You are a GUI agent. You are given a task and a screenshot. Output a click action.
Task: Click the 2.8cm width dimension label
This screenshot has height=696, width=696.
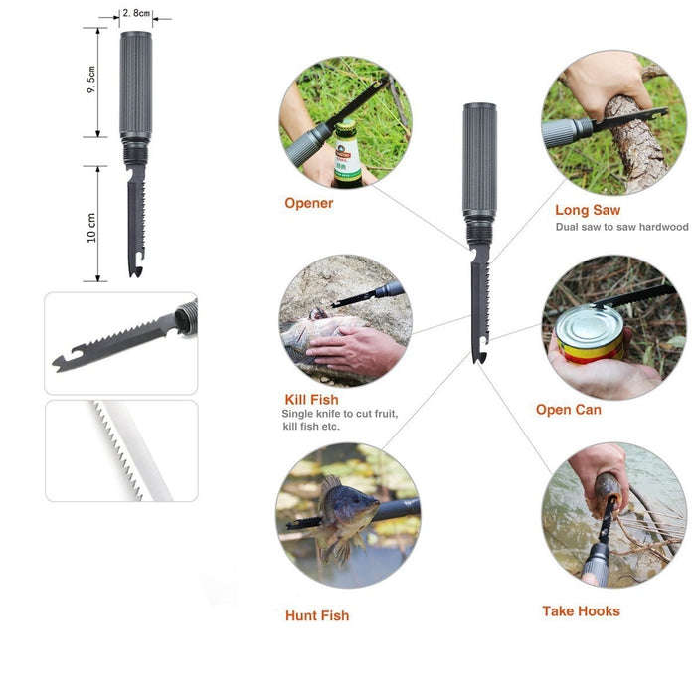point(136,13)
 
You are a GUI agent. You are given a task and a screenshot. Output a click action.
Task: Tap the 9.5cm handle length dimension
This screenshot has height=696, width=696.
point(91,81)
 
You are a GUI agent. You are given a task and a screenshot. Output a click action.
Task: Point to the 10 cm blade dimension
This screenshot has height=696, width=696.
point(91,226)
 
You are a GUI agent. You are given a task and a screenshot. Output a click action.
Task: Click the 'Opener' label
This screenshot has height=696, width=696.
point(309,203)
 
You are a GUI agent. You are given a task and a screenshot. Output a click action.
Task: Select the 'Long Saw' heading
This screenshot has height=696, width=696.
point(588,210)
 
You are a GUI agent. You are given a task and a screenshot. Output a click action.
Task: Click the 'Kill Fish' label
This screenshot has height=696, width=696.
point(311,399)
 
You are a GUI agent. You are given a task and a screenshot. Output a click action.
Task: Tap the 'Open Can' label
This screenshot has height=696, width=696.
point(568,409)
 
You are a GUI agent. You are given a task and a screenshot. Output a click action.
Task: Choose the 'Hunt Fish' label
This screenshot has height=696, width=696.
point(317,615)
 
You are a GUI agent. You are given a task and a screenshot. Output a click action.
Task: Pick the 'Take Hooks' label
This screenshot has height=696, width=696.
point(581,610)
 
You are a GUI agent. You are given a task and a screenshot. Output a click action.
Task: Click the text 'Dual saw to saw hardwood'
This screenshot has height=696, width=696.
point(621,228)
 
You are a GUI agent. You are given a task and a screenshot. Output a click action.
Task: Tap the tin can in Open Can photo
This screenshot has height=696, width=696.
point(590,334)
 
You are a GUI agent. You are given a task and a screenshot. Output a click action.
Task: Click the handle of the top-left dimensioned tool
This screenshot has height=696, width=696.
point(135,85)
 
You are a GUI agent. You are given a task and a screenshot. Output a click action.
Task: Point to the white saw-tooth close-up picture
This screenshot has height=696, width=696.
point(121,450)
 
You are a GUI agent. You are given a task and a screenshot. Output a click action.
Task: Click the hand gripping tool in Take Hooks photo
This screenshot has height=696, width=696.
point(598,467)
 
